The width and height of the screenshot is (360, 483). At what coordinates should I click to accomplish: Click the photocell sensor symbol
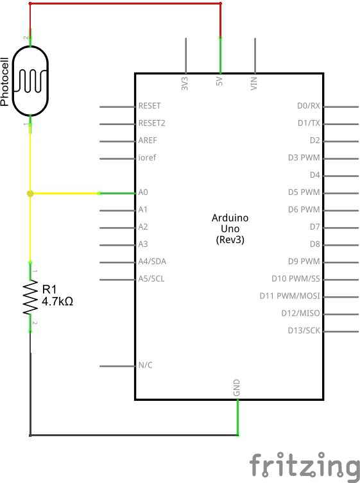[x=30, y=81]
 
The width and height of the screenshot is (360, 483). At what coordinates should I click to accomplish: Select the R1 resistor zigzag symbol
[x=30, y=296]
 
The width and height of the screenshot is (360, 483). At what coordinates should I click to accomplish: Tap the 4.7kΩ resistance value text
[x=57, y=301]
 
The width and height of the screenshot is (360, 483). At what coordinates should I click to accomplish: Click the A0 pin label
[x=143, y=192]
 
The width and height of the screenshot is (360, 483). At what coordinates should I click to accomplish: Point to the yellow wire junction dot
[x=30, y=192]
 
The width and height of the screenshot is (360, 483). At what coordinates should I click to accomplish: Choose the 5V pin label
[x=219, y=83]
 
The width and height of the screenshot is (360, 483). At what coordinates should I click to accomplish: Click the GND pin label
[x=237, y=387]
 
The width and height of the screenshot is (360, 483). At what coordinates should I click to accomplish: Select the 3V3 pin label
[x=185, y=83]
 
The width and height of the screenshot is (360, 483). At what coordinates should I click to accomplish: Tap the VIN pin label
[x=254, y=83]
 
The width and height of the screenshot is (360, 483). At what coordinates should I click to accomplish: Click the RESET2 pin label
[x=151, y=123]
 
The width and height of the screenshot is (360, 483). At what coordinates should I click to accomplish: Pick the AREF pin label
[x=148, y=140]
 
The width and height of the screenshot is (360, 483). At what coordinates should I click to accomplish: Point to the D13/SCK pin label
[x=304, y=330]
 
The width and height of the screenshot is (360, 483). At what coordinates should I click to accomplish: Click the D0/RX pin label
[x=308, y=106]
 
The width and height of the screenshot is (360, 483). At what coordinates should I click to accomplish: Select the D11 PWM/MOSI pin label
[x=289, y=296]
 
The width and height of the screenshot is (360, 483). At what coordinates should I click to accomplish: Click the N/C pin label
[x=145, y=365]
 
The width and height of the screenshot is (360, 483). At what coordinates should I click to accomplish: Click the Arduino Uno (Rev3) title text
[x=230, y=228]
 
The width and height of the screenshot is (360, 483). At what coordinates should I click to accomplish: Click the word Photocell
[x=6, y=81]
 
